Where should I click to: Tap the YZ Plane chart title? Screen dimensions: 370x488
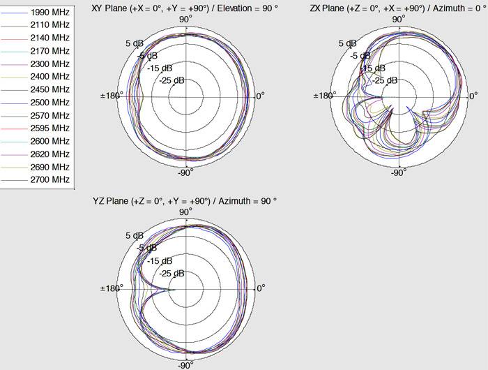pyautogui.click(x=185, y=200)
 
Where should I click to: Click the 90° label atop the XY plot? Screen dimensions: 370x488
pyautogui.click(x=185, y=19)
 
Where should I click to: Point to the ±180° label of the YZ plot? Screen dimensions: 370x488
pyautogui.click(x=111, y=288)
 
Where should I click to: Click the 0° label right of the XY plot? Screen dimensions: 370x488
pyautogui.click(x=259, y=96)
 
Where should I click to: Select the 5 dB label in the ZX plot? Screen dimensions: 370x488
pyautogui.click(x=346, y=43)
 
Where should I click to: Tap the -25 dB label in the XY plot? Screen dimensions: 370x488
pyautogui.click(x=171, y=80)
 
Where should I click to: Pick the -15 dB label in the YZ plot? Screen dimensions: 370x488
pyautogui.click(x=159, y=260)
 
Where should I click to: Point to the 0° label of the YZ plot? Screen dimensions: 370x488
pyautogui.click(x=259, y=288)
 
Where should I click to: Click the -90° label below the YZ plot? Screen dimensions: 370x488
pyautogui.click(x=185, y=364)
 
